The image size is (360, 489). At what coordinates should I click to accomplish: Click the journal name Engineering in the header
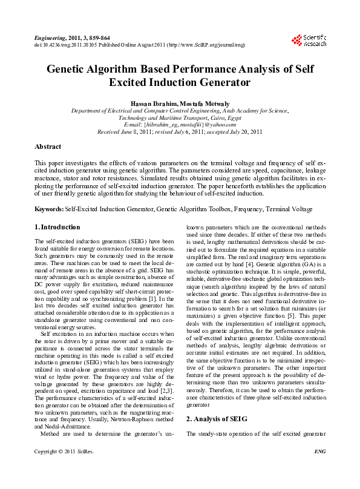click(x=48, y=38)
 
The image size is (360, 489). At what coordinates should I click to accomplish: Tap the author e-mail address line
click(x=180, y=124)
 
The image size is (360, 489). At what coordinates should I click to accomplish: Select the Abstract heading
click(x=48, y=147)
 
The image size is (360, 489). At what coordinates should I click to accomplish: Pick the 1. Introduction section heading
click(x=57, y=228)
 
